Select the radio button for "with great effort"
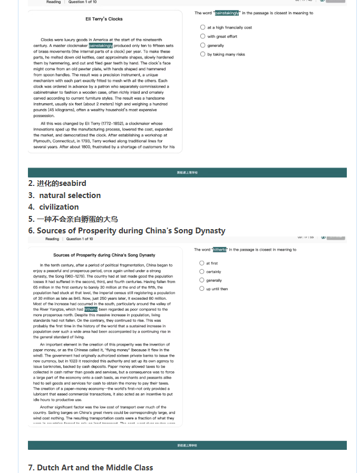[x=202, y=36]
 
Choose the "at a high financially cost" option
[x=202, y=27]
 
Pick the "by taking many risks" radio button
[x=202, y=54]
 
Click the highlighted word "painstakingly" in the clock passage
[x=101, y=46]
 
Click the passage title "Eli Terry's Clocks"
[x=104, y=19]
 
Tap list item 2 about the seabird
[x=57, y=183]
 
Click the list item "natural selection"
[x=65, y=195]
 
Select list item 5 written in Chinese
[x=73, y=219]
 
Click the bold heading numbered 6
[x=127, y=231]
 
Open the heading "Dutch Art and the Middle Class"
[x=95, y=468]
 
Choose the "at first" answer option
[x=202, y=263]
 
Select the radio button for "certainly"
[x=202, y=272]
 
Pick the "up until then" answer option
[x=202, y=289]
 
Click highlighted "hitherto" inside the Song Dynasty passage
[x=91, y=310]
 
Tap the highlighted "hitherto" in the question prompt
[x=219, y=250]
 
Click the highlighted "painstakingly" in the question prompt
[x=227, y=13]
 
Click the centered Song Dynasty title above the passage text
[x=104, y=255]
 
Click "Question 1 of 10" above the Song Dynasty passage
[x=80, y=239]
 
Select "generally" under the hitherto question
[x=202, y=280]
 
